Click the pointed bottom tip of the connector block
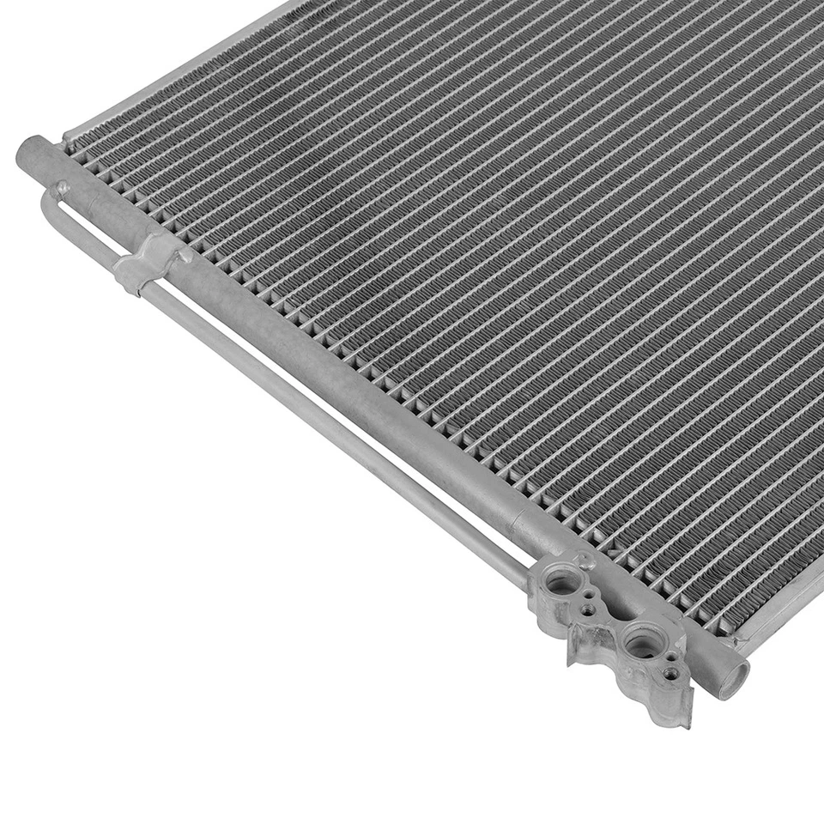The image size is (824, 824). point(686,721)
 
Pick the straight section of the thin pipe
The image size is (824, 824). point(343,429)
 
